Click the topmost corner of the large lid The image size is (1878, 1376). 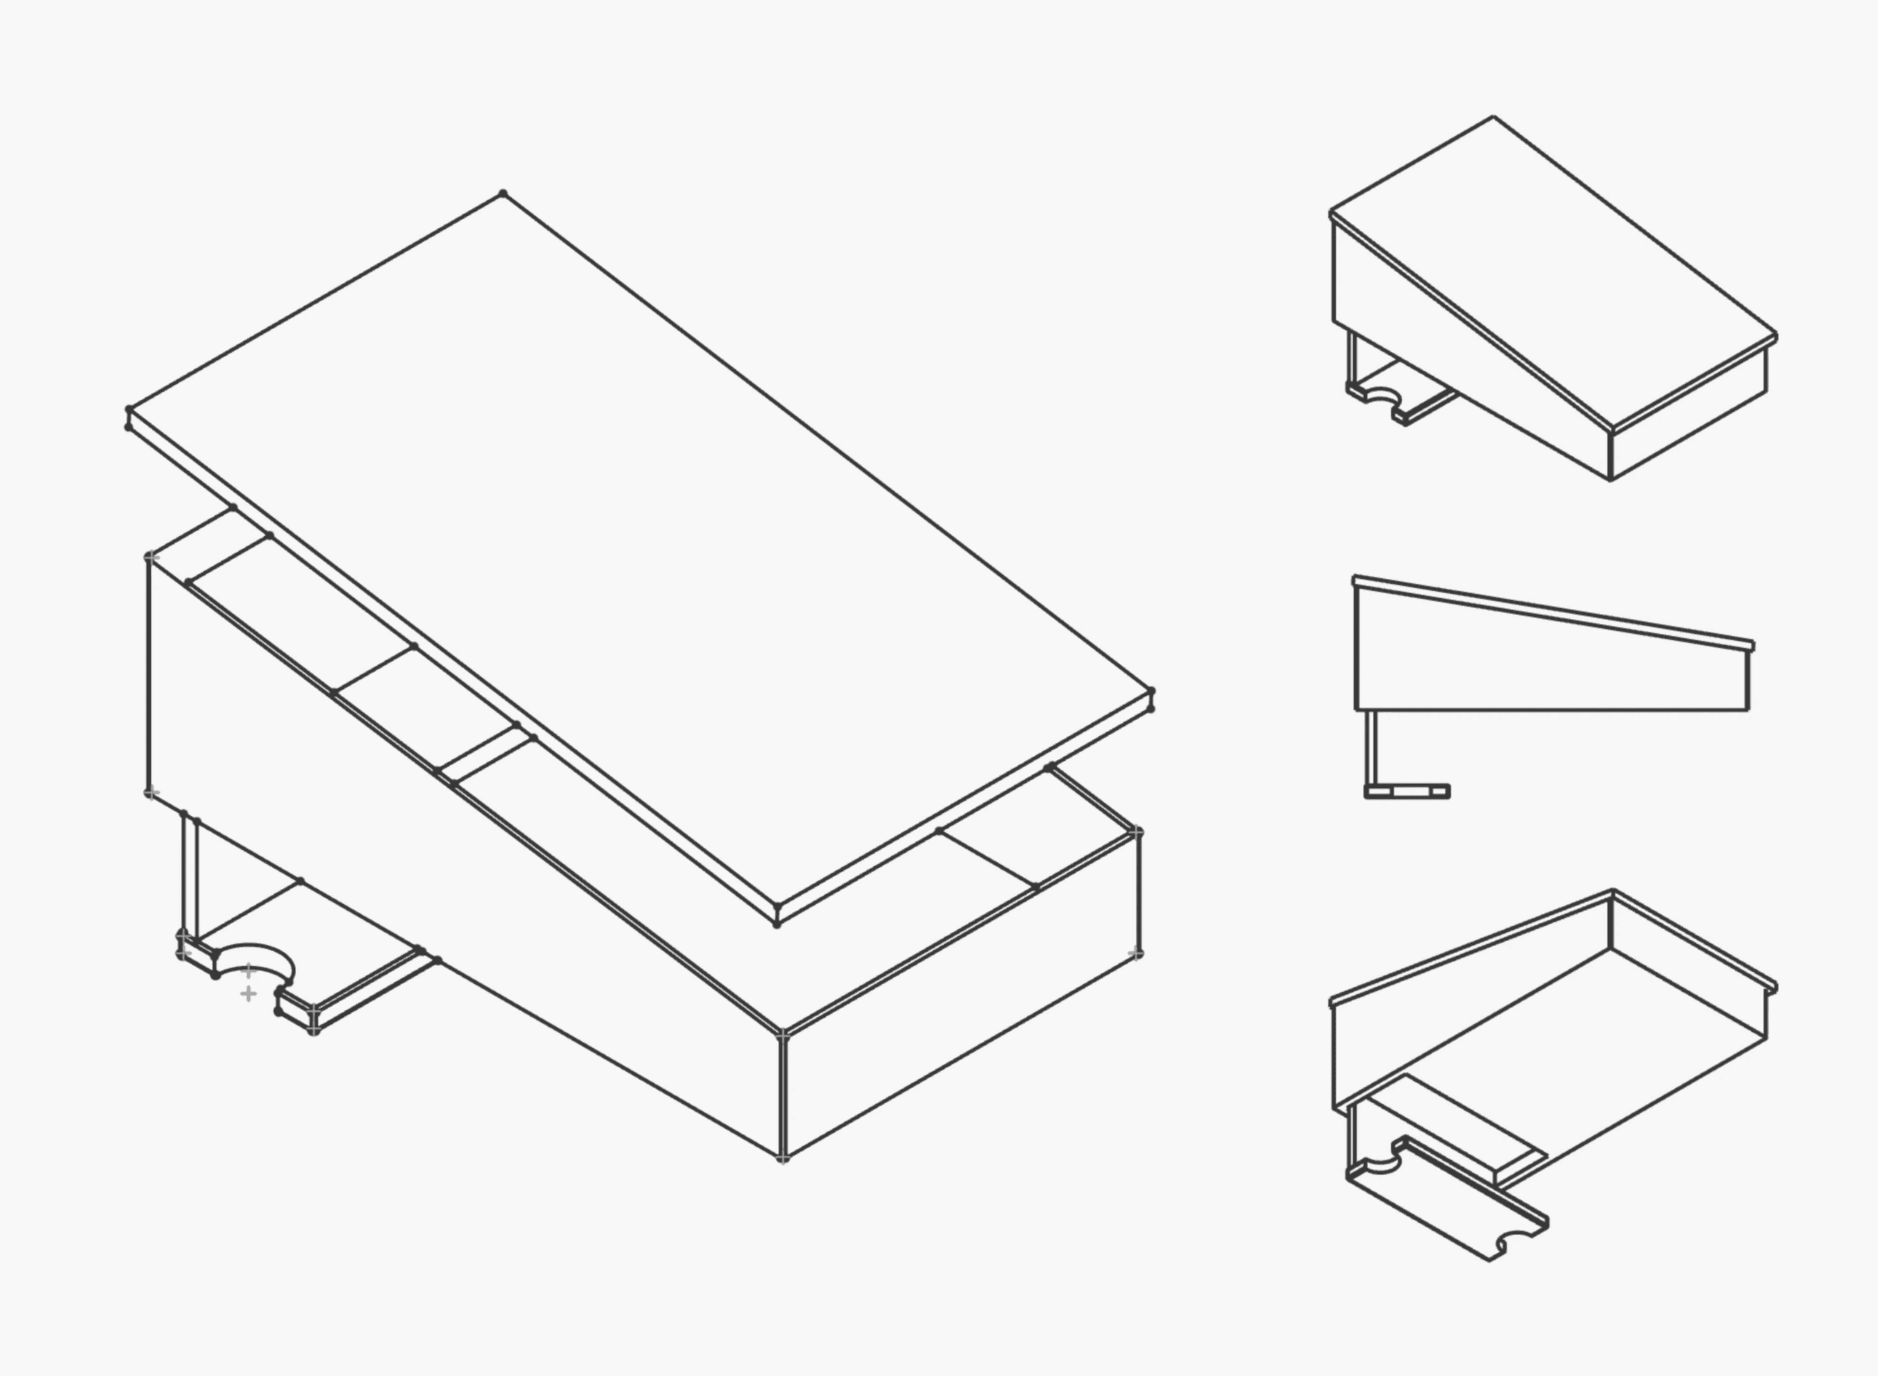tap(503, 194)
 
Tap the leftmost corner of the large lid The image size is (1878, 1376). tap(129, 410)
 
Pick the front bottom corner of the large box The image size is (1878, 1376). tap(782, 1157)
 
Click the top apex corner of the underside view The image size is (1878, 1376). tap(1612, 893)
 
